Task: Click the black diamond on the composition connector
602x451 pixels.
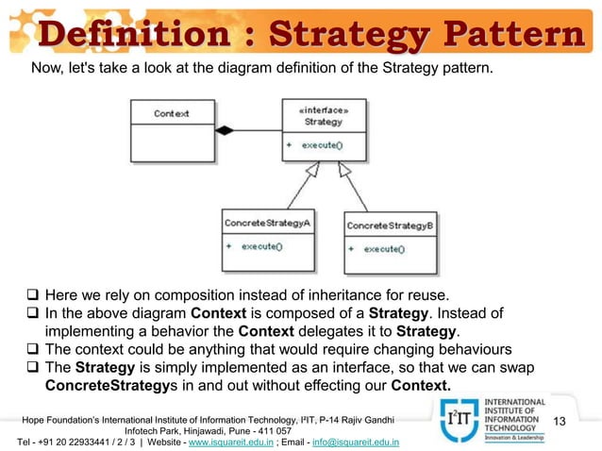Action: click(224, 130)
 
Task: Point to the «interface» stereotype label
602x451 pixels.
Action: click(324, 110)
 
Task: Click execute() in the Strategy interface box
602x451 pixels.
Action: click(322, 145)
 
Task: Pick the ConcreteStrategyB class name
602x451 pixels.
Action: click(390, 226)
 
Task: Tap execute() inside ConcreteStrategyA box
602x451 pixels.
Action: click(261, 245)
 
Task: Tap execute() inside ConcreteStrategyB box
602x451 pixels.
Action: click(384, 248)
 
